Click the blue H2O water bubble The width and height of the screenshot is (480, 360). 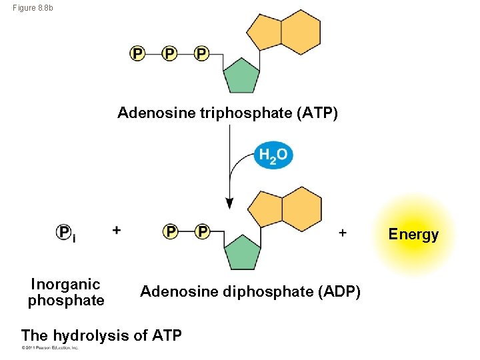click(273, 155)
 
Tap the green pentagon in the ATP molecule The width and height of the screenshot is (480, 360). click(242, 76)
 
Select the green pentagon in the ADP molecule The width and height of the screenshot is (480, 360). click(242, 252)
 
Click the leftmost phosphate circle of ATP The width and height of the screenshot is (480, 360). click(137, 53)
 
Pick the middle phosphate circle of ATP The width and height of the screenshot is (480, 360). click(169, 53)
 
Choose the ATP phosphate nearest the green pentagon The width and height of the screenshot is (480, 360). click(201, 53)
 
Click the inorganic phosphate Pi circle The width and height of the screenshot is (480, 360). click(65, 232)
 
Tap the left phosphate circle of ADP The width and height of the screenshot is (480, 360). click(171, 231)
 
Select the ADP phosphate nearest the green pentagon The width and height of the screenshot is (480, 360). click(202, 231)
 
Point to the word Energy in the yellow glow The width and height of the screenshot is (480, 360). click(413, 234)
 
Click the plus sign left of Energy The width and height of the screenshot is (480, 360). click(343, 232)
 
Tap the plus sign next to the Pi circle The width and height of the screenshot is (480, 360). click(117, 230)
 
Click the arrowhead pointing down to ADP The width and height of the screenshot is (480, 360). click(229, 203)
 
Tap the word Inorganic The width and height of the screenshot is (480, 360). click(65, 285)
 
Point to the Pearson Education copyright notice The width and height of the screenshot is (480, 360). click(50, 348)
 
